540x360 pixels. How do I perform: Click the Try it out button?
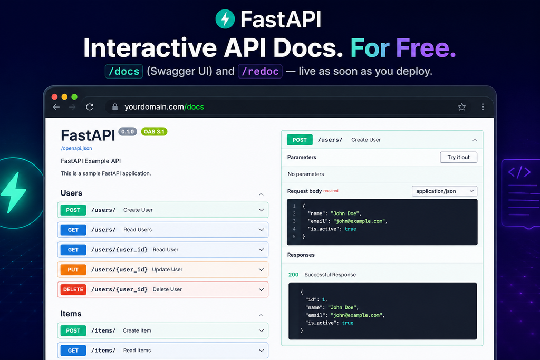[x=458, y=157]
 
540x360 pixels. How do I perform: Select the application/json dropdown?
[x=445, y=191]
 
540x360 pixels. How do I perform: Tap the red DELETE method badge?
[x=73, y=289]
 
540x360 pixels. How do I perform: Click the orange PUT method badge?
[x=73, y=269]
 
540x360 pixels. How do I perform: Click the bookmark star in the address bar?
[x=462, y=106]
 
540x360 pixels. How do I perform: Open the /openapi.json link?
[x=76, y=148]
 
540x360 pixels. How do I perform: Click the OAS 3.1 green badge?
[x=154, y=131]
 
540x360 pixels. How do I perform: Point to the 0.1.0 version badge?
[x=128, y=131]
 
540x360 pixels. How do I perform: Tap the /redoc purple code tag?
[x=260, y=71]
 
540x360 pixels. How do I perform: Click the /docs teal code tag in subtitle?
[x=124, y=71]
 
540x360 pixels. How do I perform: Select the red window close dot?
[x=54, y=96]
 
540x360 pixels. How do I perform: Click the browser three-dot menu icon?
[x=483, y=106]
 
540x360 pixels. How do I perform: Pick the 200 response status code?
[x=293, y=274]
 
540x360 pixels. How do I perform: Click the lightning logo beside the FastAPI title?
[x=225, y=19]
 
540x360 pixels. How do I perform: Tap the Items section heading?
[x=71, y=314]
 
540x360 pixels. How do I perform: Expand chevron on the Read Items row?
[x=262, y=351]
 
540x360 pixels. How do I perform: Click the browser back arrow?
[x=56, y=107]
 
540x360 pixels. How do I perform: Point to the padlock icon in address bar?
[x=115, y=107]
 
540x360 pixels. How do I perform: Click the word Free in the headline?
[x=426, y=47]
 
